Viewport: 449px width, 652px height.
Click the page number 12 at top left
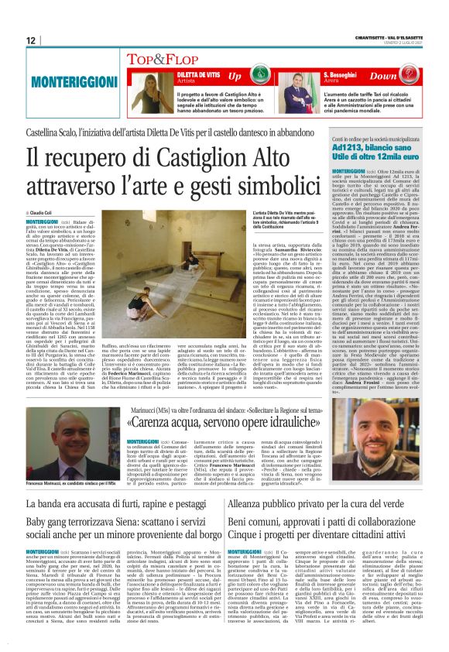click(x=31, y=40)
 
